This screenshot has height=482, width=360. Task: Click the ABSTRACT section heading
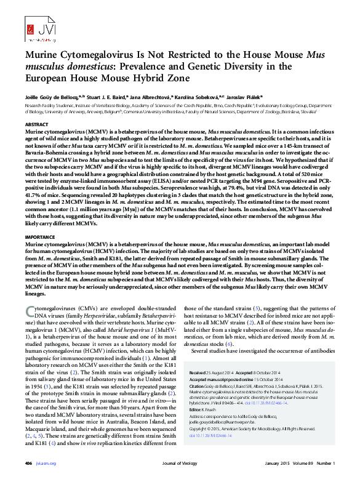(x=36, y=125)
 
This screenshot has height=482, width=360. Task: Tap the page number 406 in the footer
(x=28, y=464)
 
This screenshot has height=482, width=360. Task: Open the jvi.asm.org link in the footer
(x=47, y=464)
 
